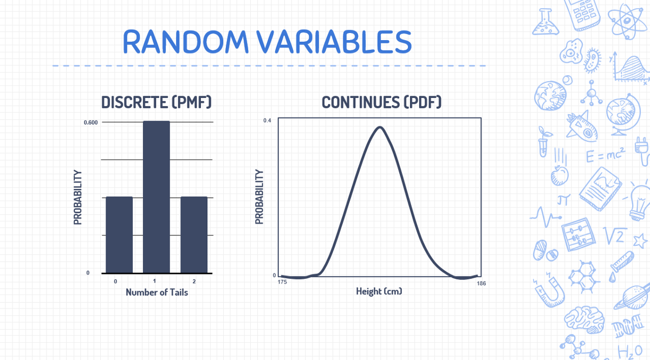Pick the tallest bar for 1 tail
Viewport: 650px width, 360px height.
click(157, 197)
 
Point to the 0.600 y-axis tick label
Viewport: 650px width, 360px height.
click(90, 122)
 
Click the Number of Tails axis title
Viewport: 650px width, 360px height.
click(157, 292)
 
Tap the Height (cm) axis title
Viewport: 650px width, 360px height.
click(379, 291)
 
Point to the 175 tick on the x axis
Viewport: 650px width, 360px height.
click(282, 283)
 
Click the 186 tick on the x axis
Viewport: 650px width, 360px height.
click(481, 283)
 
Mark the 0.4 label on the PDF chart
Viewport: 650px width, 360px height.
click(267, 120)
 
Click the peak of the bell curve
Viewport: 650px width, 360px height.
click(380, 128)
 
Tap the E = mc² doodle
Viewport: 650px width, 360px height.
click(606, 156)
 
